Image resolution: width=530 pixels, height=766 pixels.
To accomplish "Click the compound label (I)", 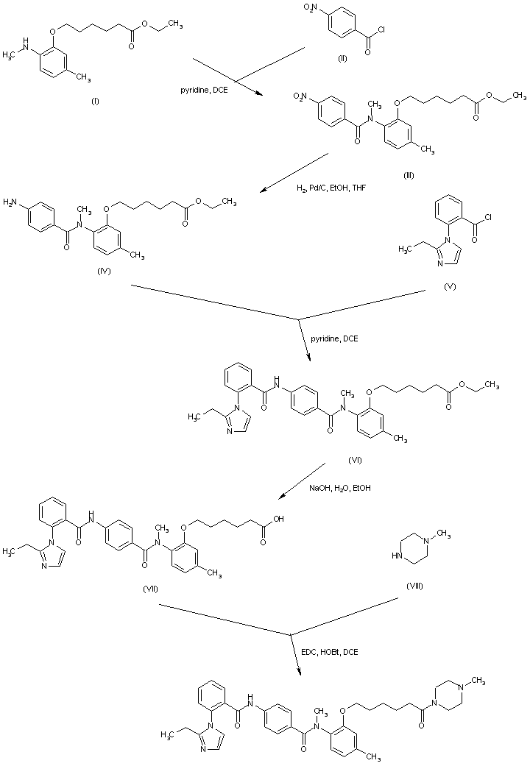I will point(94,101).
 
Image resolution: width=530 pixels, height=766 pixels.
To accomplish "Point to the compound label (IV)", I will point(103,272).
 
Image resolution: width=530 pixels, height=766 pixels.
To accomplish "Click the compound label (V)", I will point(451,286).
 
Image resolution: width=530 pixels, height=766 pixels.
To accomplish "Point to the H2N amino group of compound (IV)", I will point(12,200).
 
